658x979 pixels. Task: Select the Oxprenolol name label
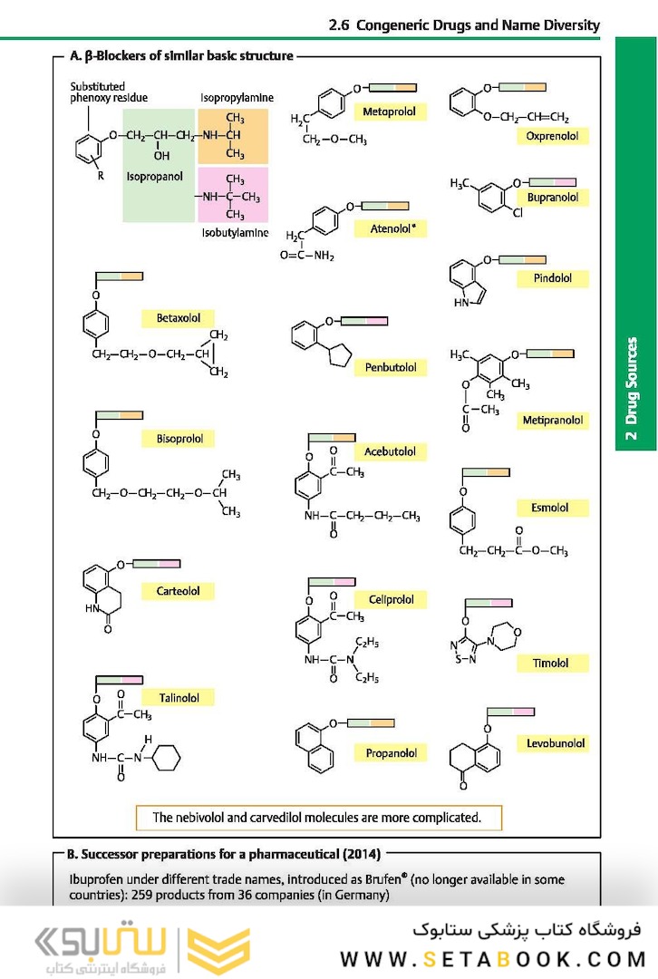tap(552, 136)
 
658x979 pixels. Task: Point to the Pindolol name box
tap(552, 279)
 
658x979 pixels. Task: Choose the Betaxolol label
tap(184, 318)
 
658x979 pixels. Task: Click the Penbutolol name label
tap(391, 367)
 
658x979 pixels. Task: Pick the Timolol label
tap(550, 663)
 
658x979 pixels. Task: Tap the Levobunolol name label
tap(556, 743)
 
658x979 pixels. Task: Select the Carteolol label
tap(184, 591)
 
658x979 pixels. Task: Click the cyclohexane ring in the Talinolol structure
tap(166, 757)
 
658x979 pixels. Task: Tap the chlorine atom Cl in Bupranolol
tap(518, 214)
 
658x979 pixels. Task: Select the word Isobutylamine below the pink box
tap(235, 233)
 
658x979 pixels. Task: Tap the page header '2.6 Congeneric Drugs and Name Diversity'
tap(464, 25)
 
